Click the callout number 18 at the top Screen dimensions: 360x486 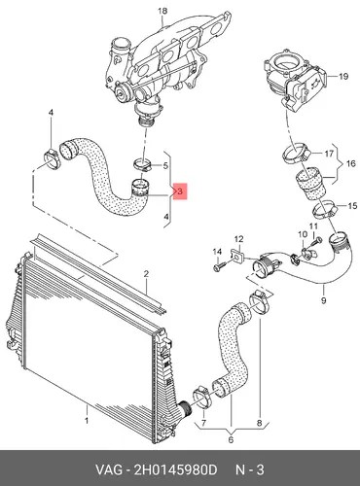click(x=162, y=11)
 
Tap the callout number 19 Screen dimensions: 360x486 click(x=343, y=77)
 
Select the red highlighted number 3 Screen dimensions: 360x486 click(x=180, y=191)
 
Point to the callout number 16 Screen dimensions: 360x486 click(x=351, y=163)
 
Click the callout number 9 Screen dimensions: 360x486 click(x=324, y=300)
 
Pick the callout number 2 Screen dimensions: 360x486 click(x=146, y=274)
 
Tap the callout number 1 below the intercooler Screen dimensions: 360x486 click(x=87, y=421)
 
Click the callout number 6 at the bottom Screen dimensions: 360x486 click(x=231, y=439)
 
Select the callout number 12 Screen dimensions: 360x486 click(x=238, y=239)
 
